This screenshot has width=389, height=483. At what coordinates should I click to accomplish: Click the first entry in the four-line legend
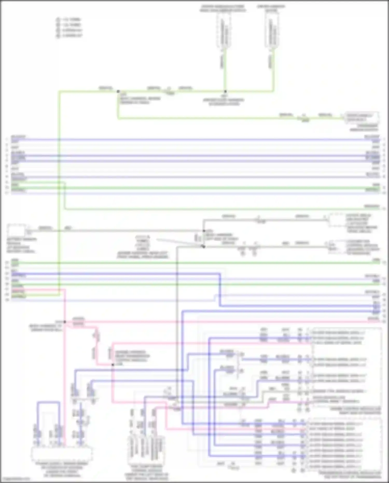coord(69,19)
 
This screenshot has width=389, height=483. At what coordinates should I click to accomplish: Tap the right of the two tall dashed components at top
coord(272,31)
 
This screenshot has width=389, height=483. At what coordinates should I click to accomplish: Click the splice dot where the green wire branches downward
coord(118,91)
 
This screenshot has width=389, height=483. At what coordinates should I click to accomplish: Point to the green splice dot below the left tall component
coord(225,91)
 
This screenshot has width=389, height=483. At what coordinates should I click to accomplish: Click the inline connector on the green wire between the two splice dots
coord(169,91)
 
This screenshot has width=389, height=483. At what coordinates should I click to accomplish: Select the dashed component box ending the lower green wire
coord(361,118)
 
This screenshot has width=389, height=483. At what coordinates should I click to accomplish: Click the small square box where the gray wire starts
coord(17,230)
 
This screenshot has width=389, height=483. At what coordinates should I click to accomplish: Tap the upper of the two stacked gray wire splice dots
coord(204,231)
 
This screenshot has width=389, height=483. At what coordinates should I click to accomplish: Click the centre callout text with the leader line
coord(143,247)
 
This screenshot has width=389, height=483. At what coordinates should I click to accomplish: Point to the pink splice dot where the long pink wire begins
coord(65,322)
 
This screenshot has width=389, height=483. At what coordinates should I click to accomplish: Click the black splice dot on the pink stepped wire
coord(113,365)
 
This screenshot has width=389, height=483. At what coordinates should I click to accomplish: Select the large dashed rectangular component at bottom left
coord(62,453)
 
